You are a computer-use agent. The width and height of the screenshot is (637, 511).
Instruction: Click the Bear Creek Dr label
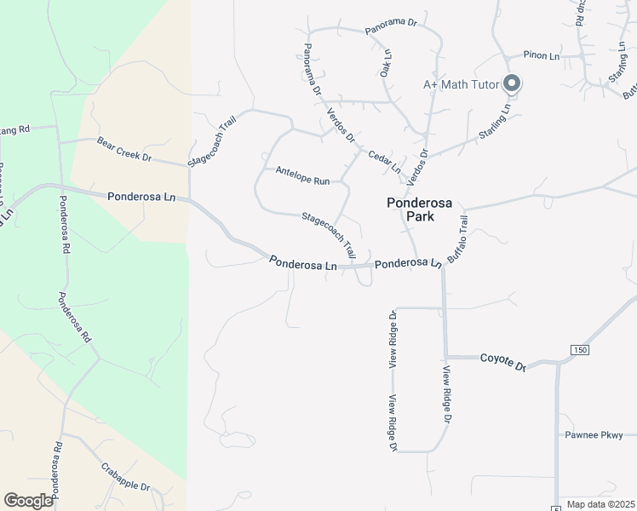click(x=123, y=150)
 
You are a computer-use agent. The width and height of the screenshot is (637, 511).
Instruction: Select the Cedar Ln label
click(x=384, y=161)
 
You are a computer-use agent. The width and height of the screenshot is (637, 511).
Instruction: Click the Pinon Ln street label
click(x=541, y=55)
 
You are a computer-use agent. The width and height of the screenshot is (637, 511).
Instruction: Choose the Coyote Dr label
click(x=503, y=362)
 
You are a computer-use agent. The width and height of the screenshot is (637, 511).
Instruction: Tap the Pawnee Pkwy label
click(x=594, y=435)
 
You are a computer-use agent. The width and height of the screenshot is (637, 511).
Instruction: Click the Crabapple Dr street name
click(x=125, y=476)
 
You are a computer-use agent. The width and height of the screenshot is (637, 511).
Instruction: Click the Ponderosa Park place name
click(x=410, y=210)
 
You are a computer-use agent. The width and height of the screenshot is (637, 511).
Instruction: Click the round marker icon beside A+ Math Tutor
click(x=512, y=83)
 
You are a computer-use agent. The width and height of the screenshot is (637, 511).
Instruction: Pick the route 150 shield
click(x=580, y=350)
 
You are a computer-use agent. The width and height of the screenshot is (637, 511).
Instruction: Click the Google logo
click(x=28, y=501)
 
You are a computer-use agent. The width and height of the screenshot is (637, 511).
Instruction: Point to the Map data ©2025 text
click(x=600, y=504)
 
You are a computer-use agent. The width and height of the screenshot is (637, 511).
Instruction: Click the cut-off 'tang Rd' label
click(x=14, y=129)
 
